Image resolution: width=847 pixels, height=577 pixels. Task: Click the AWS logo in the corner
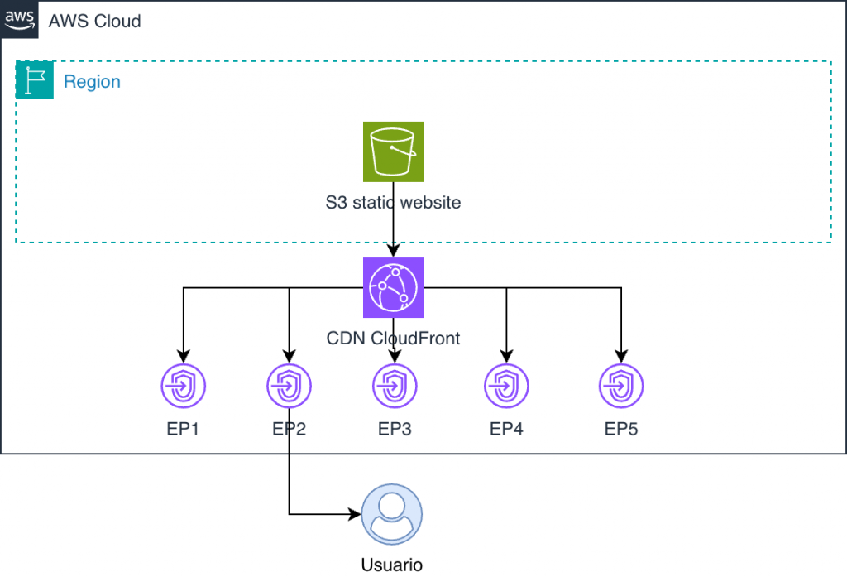(x=19, y=19)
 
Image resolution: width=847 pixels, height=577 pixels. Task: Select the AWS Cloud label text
(x=94, y=21)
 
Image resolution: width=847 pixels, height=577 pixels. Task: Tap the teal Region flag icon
(x=35, y=81)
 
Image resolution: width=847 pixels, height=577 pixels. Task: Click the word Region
(x=92, y=82)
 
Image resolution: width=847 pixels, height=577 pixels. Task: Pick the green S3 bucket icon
(x=393, y=151)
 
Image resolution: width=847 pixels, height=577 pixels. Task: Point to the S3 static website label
(x=393, y=201)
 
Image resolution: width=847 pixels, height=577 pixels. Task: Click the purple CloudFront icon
(x=393, y=287)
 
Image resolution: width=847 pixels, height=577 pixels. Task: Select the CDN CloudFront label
(x=393, y=338)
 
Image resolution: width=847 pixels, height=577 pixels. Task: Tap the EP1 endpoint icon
(x=183, y=386)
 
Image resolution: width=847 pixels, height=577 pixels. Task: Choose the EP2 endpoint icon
(x=289, y=386)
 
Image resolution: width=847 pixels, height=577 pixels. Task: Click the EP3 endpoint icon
(x=395, y=386)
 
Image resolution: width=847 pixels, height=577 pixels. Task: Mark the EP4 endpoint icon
(x=506, y=386)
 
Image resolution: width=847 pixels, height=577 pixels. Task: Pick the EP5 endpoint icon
(x=621, y=386)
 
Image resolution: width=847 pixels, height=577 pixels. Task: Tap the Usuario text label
(x=392, y=565)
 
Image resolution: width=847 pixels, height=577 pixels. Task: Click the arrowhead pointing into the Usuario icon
(x=357, y=514)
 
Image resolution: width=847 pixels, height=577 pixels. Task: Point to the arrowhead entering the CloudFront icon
(x=393, y=252)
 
